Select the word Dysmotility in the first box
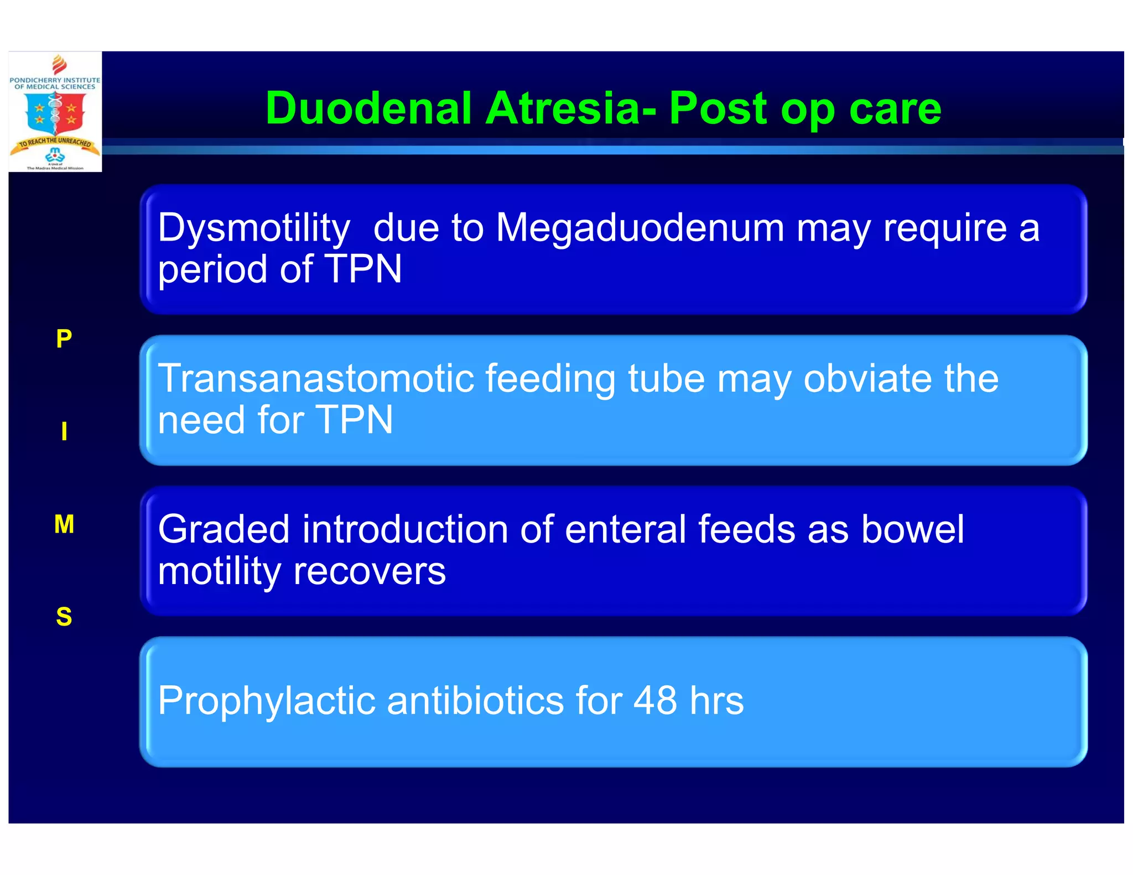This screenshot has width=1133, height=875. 254,228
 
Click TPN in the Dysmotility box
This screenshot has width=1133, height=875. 363,269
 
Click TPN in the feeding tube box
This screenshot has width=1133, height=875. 354,420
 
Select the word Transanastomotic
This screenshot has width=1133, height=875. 316,379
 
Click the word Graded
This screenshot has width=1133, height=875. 224,529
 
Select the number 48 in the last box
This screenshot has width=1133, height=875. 655,701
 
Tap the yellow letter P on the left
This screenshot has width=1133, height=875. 64,338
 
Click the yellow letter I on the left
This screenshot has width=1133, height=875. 64,431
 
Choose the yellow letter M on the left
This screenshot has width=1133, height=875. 64,524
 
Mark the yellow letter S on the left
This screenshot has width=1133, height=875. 64,617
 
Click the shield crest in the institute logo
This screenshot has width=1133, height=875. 55,113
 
